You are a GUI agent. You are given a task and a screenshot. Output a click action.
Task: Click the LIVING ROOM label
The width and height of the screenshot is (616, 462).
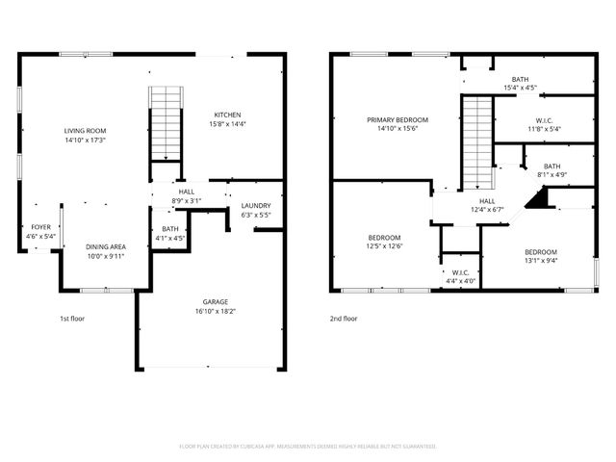[85, 130]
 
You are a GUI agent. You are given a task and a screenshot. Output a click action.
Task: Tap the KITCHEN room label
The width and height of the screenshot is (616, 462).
[227, 115]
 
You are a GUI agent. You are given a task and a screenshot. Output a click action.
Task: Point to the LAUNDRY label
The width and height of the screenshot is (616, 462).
[255, 205]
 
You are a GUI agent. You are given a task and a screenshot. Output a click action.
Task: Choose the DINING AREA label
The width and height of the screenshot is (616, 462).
[105, 246]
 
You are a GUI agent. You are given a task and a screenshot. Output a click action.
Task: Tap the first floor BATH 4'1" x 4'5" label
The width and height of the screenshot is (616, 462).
[170, 229]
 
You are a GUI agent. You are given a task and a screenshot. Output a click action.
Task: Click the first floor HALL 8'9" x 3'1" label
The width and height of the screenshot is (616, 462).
[187, 192]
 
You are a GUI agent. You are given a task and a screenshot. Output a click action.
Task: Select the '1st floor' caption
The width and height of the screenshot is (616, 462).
[73, 318]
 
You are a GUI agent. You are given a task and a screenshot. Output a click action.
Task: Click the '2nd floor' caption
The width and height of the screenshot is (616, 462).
[343, 318]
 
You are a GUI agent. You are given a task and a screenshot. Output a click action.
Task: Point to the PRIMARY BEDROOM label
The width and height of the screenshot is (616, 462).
[398, 120]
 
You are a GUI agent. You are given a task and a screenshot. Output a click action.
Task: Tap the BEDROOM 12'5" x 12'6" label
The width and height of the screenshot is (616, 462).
[385, 237]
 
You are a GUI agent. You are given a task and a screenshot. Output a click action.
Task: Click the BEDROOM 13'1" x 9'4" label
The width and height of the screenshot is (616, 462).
[540, 252]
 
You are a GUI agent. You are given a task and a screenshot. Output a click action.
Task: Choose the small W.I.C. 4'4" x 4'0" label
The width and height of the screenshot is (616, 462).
[460, 272]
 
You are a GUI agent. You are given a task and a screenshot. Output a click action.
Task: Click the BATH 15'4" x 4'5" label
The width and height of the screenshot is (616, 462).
[520, 80]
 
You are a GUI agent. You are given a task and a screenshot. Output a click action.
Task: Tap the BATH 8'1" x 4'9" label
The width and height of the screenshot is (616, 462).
[552, 167]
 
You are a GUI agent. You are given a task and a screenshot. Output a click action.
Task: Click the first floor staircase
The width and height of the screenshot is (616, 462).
[166, 123]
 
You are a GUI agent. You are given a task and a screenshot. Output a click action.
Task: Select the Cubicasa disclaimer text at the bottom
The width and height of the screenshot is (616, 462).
[308, 447]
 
